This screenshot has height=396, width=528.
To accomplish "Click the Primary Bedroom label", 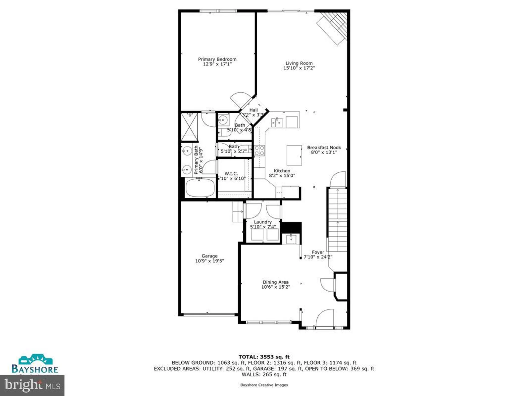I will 217,59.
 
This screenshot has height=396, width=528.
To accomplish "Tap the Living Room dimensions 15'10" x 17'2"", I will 299,68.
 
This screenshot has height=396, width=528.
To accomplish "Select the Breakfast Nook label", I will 324,148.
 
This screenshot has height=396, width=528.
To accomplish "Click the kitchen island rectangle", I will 294,155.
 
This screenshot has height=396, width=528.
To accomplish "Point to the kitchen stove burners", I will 259,150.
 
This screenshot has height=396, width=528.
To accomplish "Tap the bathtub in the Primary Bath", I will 200,188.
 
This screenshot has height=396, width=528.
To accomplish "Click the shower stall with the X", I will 189,127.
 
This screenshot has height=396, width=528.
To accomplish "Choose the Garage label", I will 209,256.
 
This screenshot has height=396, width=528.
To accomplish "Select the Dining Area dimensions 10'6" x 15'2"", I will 275,287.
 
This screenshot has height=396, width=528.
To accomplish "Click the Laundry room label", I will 263,222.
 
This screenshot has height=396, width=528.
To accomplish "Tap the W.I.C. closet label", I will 231,173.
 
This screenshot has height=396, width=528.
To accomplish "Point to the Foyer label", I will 318,252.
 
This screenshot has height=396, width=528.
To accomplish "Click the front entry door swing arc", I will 324,318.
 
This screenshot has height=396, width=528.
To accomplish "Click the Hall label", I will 253,110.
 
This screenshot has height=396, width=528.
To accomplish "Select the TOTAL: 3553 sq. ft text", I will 264,357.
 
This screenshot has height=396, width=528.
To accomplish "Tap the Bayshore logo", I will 35,364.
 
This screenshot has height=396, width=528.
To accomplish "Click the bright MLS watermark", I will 32,385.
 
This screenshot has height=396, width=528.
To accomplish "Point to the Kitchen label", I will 282,171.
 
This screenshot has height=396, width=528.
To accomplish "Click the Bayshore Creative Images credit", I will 264,385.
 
